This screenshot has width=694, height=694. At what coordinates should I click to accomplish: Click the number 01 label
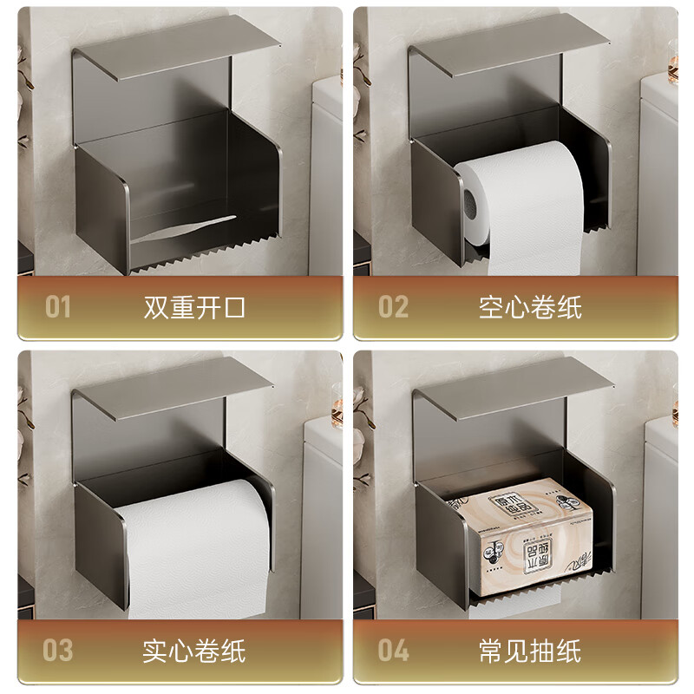(x=57, y=306)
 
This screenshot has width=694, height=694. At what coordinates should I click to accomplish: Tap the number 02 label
(x=393, y=306)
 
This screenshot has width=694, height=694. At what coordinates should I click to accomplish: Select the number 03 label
(x=58, y=650)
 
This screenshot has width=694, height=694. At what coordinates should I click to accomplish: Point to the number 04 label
(x=394, y=650)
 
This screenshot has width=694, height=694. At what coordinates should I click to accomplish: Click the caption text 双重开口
(x=194, y=306)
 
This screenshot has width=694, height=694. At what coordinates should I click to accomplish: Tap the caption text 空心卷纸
(x=530, y=306)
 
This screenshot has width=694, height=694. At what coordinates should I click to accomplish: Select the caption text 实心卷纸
(x=194, y=650)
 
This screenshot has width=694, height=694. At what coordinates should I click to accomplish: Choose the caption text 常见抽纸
(x=530, y=650)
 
